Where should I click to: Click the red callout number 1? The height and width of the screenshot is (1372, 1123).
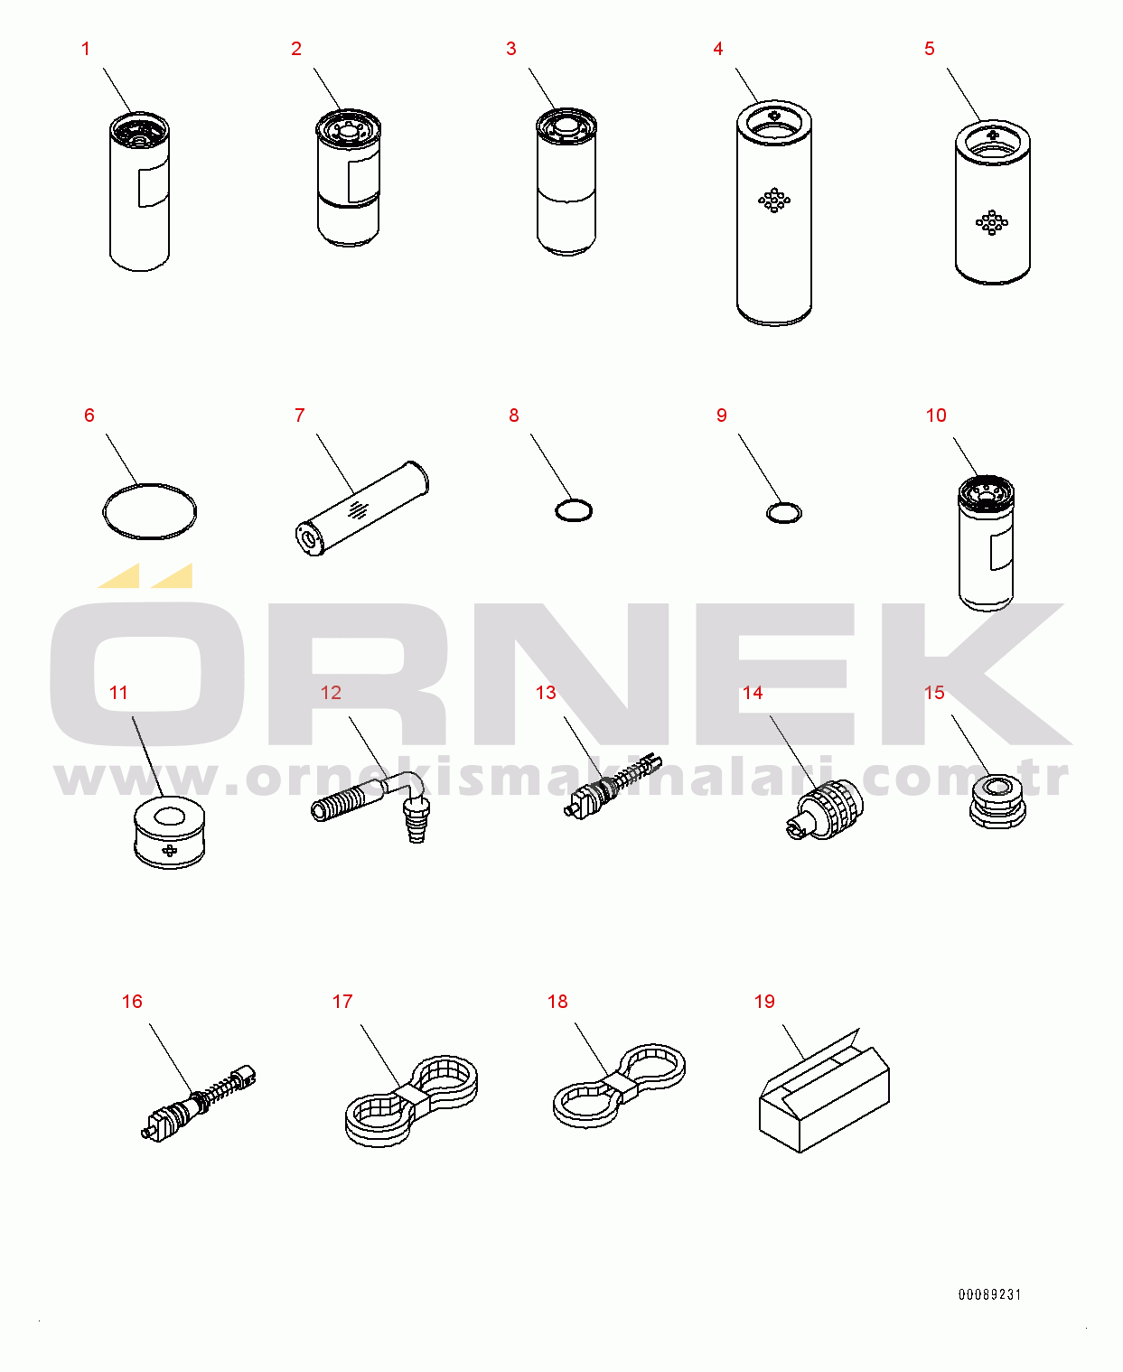pyautogui.click(x=85, y=49)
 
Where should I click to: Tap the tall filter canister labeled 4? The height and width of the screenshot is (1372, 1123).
pyautogui.click(x=773, y=213)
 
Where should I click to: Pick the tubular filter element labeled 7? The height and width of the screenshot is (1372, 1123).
pyautogui.click(x=362, y=509)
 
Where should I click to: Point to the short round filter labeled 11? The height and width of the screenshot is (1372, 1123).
pyautogui.click(x=169, y=833)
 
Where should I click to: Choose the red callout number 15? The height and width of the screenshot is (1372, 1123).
pyautogui.click(x=933, y=693)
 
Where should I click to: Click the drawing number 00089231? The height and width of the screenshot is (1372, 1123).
pyautogui.click(x=989, y=1294)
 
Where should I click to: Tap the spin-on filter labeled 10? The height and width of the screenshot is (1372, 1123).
pyautogui.click(x=986, y=544)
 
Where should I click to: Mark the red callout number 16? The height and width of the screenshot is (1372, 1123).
pyautogui.click(x=132, y=1002)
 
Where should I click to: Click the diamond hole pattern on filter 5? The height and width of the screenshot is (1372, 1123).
pyautogui.click(x=992, y=222)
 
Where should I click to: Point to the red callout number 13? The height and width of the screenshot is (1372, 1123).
pyautogui.click(x=546, y=693)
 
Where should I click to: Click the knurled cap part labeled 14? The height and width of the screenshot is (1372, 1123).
pyautogui.click(x=825, y=809)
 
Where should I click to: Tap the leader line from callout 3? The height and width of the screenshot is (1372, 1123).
pyautogui.click(x=542, y=89)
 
